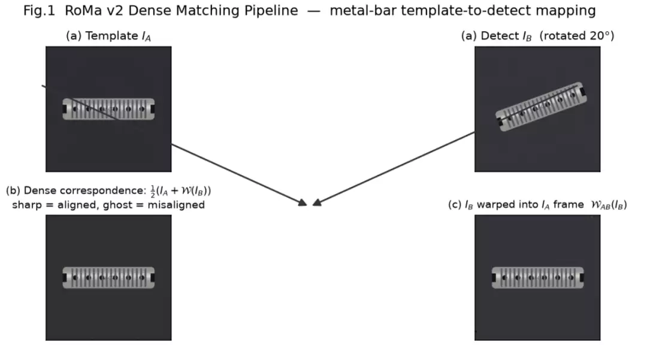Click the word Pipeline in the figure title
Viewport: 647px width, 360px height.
click(271, 11)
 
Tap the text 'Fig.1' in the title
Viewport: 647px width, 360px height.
click(39, 11)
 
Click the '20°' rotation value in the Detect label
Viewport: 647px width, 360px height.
click(600, 36)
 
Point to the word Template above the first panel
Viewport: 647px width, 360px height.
click(111, 36)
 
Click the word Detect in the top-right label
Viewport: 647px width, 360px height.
click(500, 36)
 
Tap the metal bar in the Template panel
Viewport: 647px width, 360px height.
click(108, 109)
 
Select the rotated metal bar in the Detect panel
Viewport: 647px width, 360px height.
click(541, 107)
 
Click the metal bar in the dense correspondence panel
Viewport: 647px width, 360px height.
click(108, 277)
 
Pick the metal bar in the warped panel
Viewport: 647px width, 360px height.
click(537, 277)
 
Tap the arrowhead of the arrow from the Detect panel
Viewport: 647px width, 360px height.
click(317, 202)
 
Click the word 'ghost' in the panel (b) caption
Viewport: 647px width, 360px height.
click(120, 205)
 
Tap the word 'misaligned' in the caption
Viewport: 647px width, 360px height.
click(176, 205)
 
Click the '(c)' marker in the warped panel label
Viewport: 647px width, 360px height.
click(455, 205)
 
